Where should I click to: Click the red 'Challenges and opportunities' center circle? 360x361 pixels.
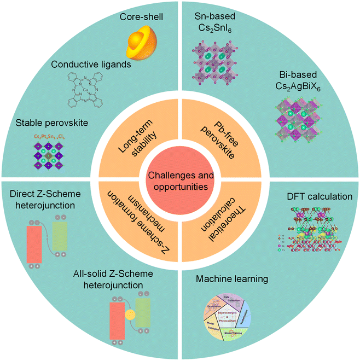pos(179,181)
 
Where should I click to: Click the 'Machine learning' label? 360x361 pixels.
pos(233,279)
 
